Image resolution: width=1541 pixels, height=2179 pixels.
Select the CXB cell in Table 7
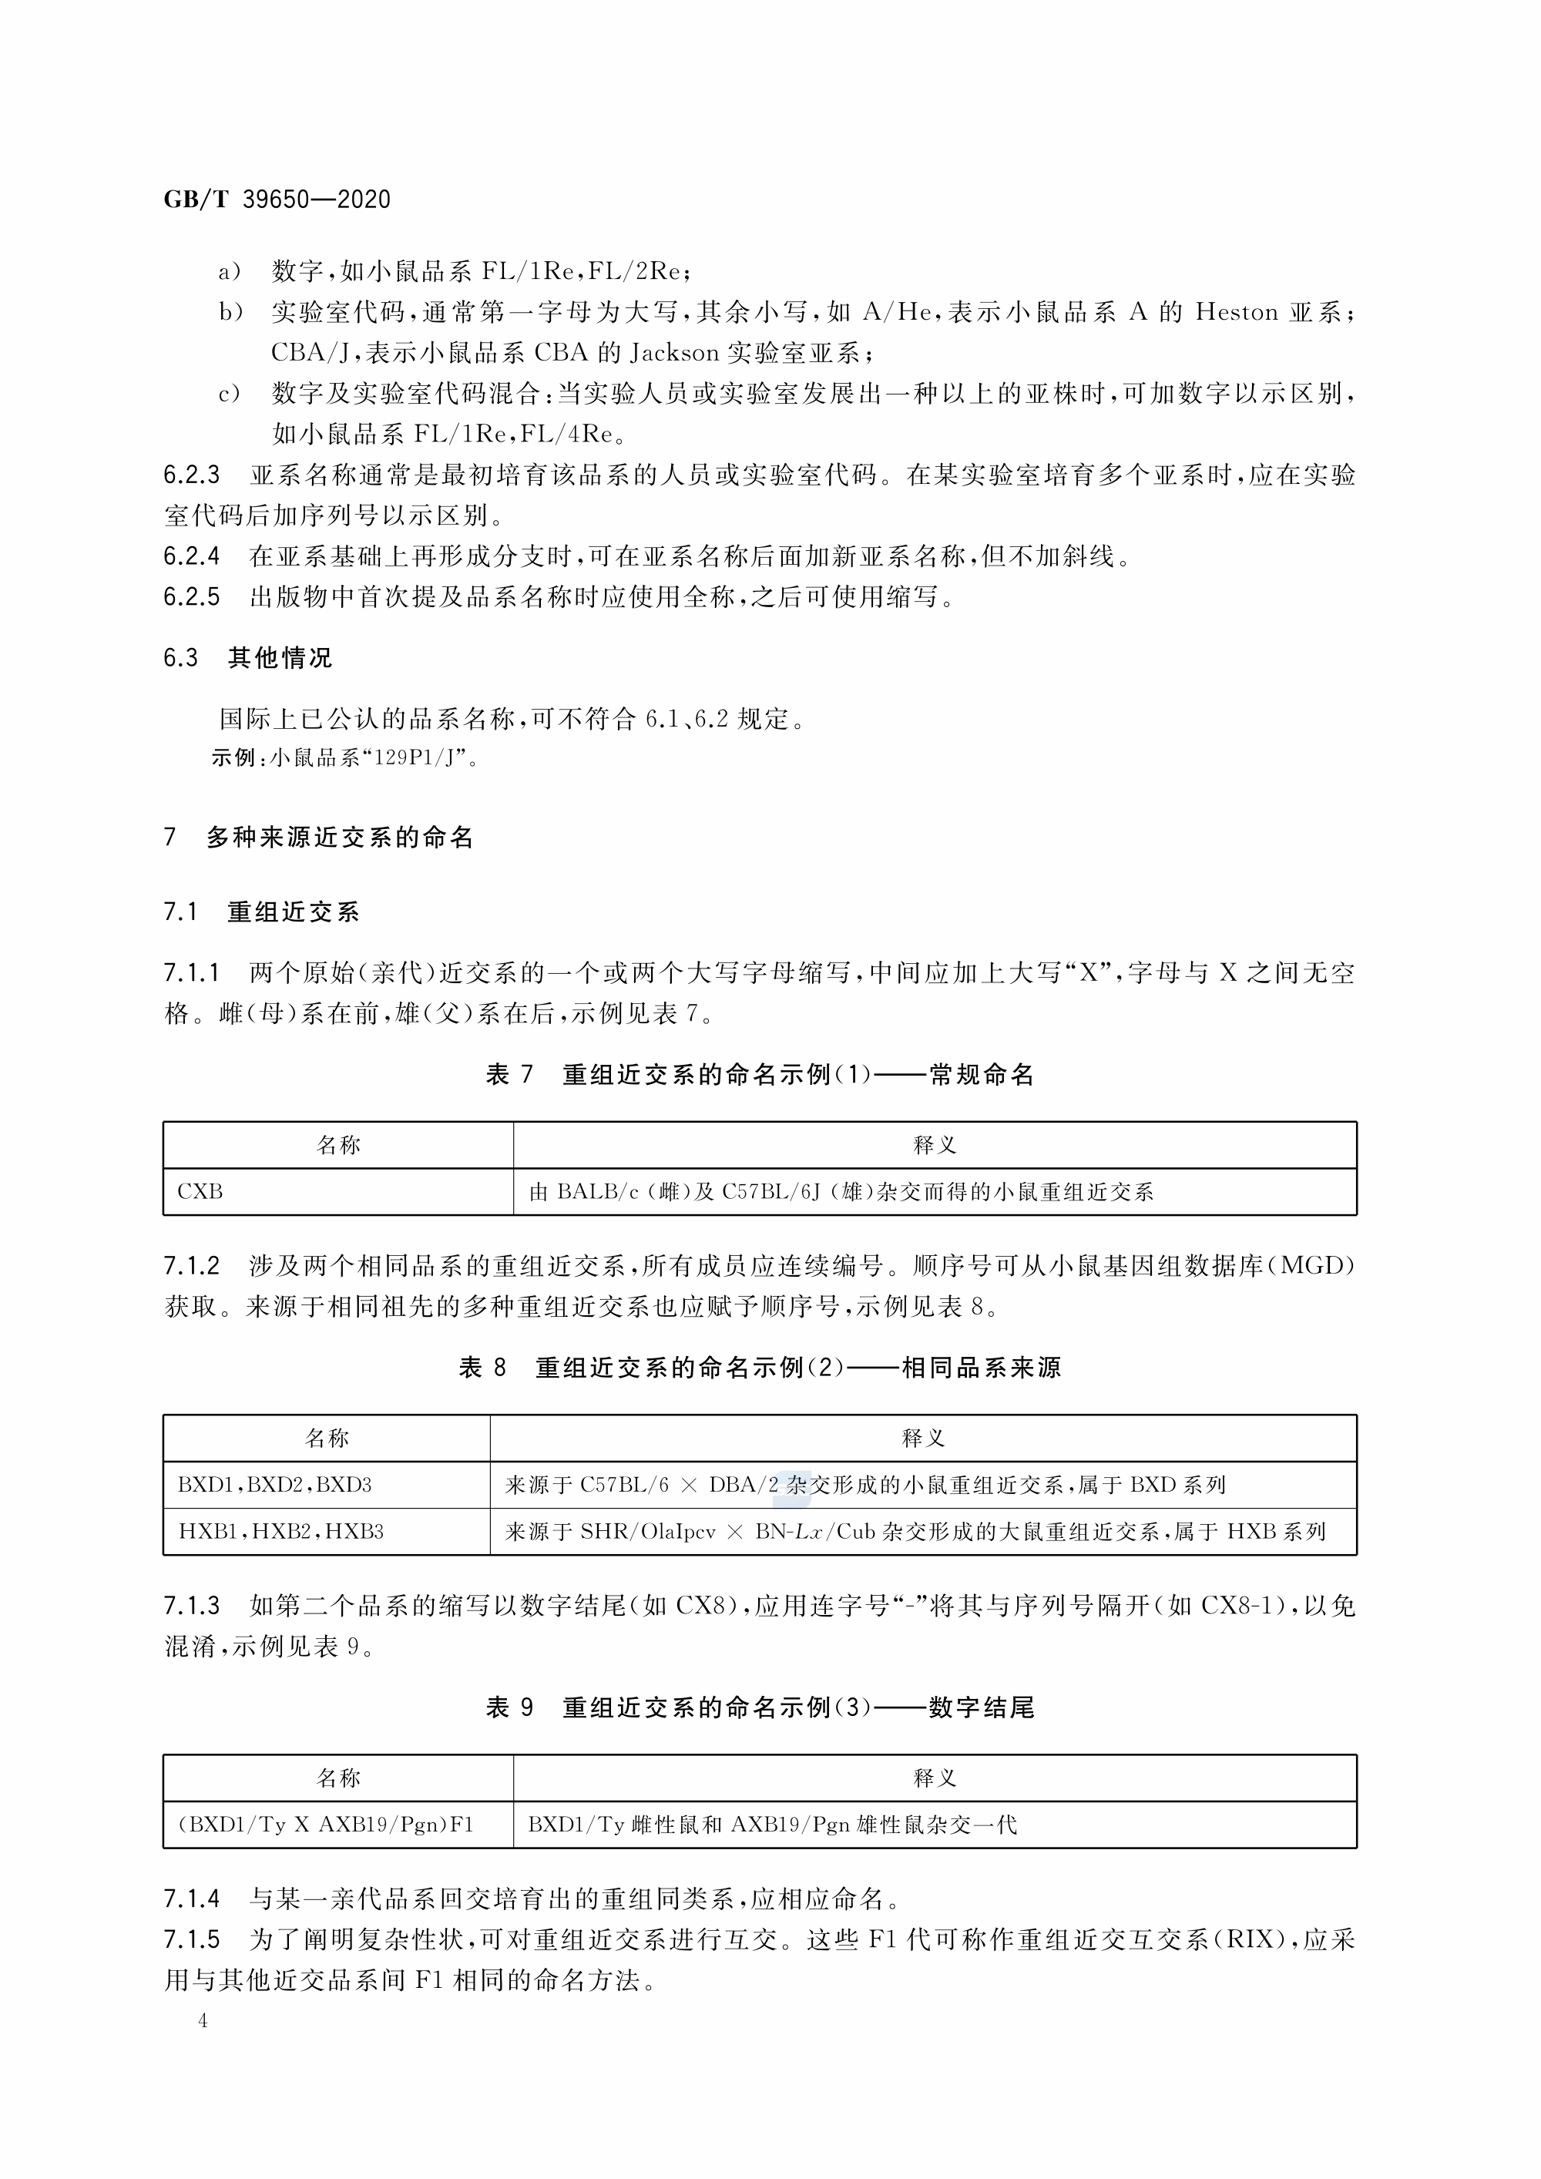200,1192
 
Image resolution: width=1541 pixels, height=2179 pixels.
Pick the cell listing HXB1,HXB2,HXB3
281,1532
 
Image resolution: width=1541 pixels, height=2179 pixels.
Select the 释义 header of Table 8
922,1439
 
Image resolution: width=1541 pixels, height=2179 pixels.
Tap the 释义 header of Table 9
934,1778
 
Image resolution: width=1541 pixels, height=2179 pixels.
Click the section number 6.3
180,659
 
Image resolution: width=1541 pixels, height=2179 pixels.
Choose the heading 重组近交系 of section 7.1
294,913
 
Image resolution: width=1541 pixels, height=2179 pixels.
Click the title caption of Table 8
759,1368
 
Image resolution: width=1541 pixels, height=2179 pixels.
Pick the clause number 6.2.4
191,556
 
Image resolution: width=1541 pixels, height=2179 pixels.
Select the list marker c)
230,394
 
